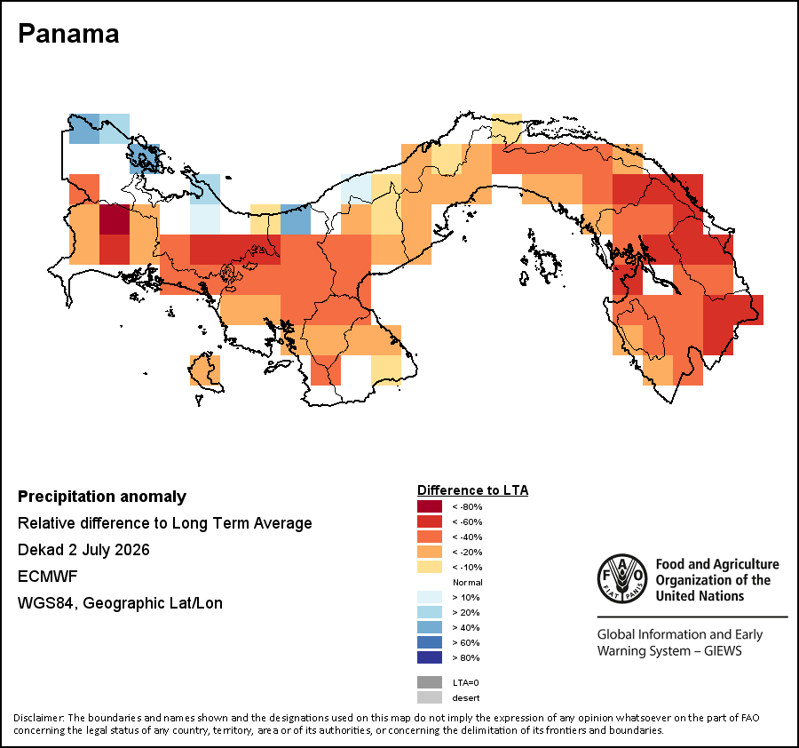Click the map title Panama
click(x=68, y=34)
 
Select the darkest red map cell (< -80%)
click(x=115, y=219)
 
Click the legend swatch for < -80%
click(x=430, y=506)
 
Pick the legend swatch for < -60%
click(x=430, y=521)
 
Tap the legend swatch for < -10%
click(x=430, y=567)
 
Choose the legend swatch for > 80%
click(x=430, y=657)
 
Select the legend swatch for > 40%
click(x=430, y=627)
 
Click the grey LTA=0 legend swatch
click(x=430, y=682)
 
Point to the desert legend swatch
click(x=430, y=697)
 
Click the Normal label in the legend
click(x=467, y=582)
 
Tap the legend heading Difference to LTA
click(x=472, y=490)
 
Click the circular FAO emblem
click(x=622, y=578)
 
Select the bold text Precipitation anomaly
click(x=102, y=497)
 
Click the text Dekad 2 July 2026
click(x=83, y=550)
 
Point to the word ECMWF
click(x=47, y=577)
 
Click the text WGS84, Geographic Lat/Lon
click(x=120, y=603)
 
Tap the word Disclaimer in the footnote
click(x=39, y=718)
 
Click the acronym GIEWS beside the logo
click(x=723, y=651)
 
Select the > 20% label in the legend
click(x=466, y=612)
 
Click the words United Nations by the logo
click(x=700, y=596)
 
